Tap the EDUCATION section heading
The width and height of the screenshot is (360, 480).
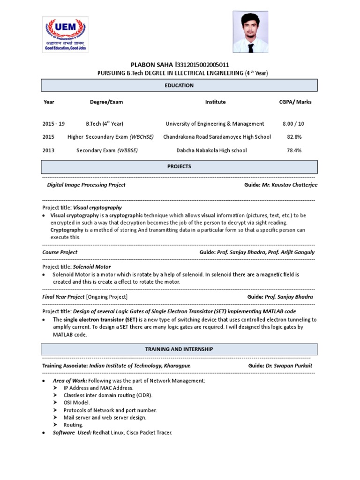pos(180,85)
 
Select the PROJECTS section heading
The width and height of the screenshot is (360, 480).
pos(180,166)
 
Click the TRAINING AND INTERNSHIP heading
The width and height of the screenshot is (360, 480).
pos(180,349)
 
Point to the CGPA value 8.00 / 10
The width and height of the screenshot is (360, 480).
pos(293,124)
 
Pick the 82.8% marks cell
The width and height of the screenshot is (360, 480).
pos(294,137)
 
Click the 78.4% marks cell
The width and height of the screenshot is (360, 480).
pos(294,150)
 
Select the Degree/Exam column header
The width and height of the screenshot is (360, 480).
pos(106,102)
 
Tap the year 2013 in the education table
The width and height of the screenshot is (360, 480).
pos(48,150)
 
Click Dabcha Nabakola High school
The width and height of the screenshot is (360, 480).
pos(211,150)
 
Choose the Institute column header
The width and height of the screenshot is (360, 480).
pos(215,102)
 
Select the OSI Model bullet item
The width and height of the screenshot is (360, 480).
pos(76,402)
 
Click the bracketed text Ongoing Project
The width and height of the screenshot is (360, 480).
pos(106,297)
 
